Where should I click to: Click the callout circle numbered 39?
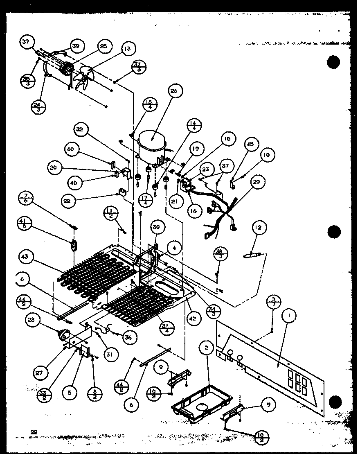pos(76,46)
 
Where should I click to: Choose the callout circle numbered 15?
pos(227,139)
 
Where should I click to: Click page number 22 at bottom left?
pos(34,431)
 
